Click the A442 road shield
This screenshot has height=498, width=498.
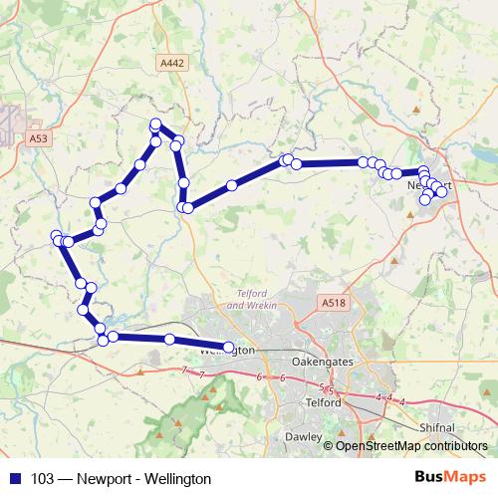[171, 62]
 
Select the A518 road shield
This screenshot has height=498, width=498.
[331, 301]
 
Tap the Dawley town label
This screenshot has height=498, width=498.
[304, 436]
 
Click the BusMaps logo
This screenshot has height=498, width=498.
[447, 478]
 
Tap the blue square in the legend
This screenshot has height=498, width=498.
[14, 479]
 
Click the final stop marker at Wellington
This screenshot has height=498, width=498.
[229, 348]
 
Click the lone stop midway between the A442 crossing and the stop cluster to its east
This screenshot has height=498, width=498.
[232, 184]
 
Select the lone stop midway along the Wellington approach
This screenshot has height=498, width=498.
[169, 340]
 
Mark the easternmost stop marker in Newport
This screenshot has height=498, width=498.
[442, 191]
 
